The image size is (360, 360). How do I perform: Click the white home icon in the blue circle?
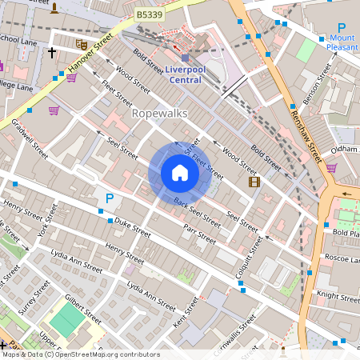click(179, 172)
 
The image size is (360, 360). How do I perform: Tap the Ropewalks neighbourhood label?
click(159, 114)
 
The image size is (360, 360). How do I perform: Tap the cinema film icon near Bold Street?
click(254, 182)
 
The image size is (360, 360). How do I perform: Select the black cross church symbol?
click(52, 53)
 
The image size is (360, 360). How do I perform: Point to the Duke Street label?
click(133, 226)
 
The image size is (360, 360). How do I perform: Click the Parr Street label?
click(199, 233)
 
